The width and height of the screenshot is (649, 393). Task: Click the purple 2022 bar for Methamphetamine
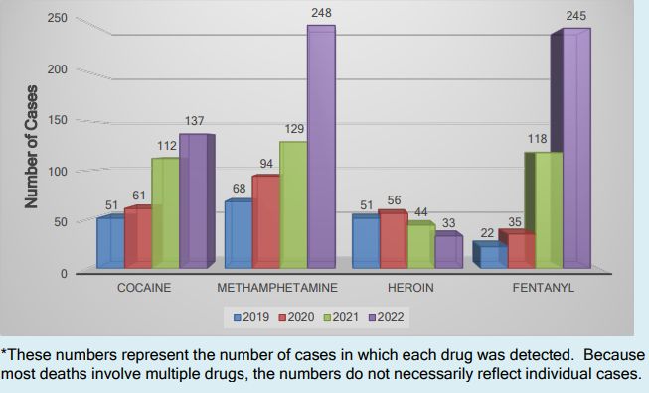[320, 147]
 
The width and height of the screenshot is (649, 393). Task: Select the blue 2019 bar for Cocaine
[110, 242]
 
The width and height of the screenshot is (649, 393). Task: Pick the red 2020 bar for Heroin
[393, 240]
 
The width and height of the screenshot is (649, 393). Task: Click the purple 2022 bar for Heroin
[447, 251]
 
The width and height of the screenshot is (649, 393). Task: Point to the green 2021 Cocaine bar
[165, 213]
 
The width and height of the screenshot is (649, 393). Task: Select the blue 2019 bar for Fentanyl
[492, 257]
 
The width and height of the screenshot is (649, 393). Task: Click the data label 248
[321, 13]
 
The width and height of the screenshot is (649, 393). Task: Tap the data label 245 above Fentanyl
[576, 16]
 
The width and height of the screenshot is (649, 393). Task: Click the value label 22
[488, 233]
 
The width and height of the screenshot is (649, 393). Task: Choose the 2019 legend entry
[251, 317]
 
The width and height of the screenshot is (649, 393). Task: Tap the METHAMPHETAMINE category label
[277, 287]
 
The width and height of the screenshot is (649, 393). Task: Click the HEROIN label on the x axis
[406, 287]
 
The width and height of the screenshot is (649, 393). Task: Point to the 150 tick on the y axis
[56, 120]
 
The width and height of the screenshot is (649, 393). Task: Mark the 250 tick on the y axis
[56, 18]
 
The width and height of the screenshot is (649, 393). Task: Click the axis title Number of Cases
[31, 147]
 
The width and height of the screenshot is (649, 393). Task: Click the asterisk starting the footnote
[5, 354]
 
